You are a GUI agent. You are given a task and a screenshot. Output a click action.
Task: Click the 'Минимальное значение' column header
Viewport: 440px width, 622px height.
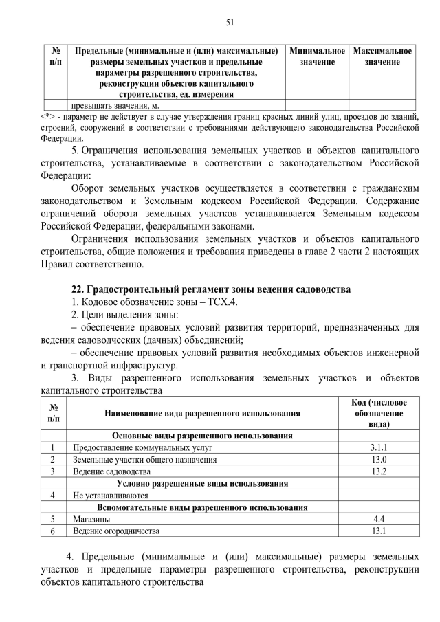(317, 57)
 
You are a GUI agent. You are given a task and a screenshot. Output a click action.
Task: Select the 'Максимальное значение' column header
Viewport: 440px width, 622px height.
(382, 57)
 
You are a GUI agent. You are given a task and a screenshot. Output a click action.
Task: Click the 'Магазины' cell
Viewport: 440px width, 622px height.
(88, 520)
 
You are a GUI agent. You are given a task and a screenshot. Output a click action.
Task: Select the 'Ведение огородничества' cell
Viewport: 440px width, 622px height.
(116, 531)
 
